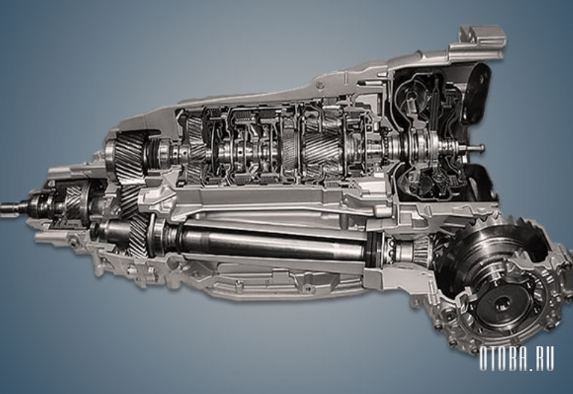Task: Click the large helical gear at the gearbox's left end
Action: pos(126,157)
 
